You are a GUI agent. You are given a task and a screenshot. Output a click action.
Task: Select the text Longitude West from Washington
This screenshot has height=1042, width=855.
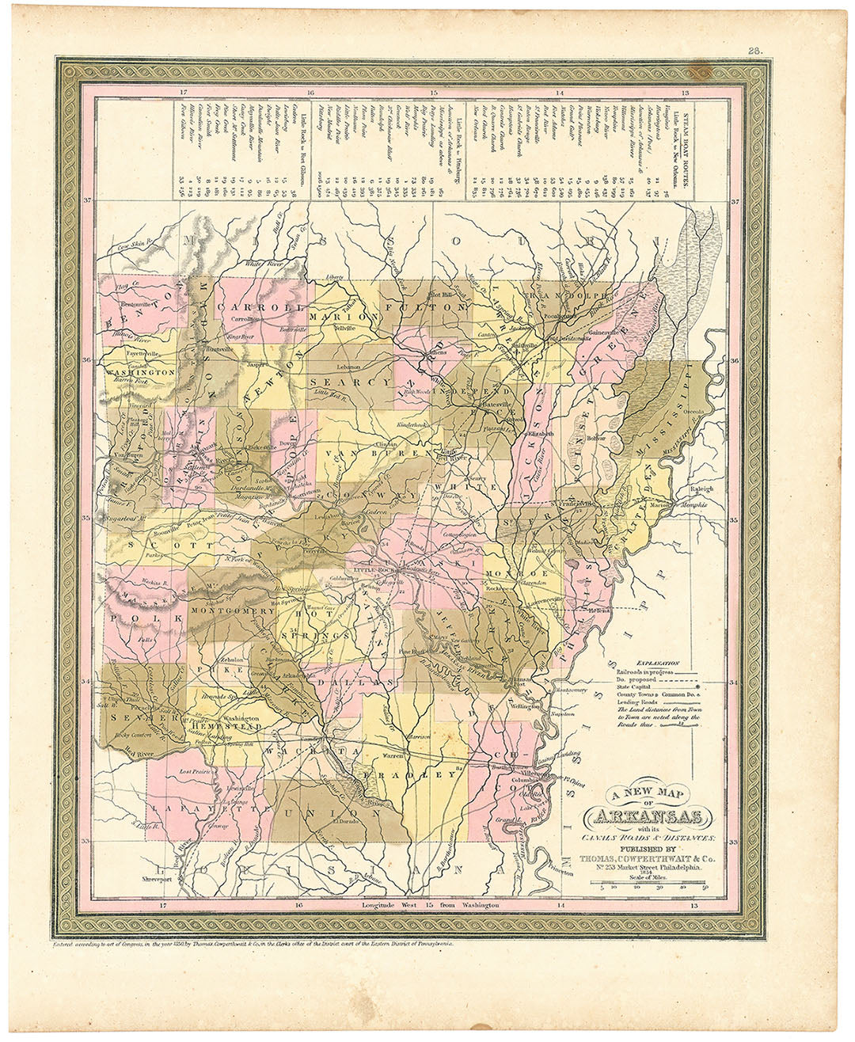tap(429, 904)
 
